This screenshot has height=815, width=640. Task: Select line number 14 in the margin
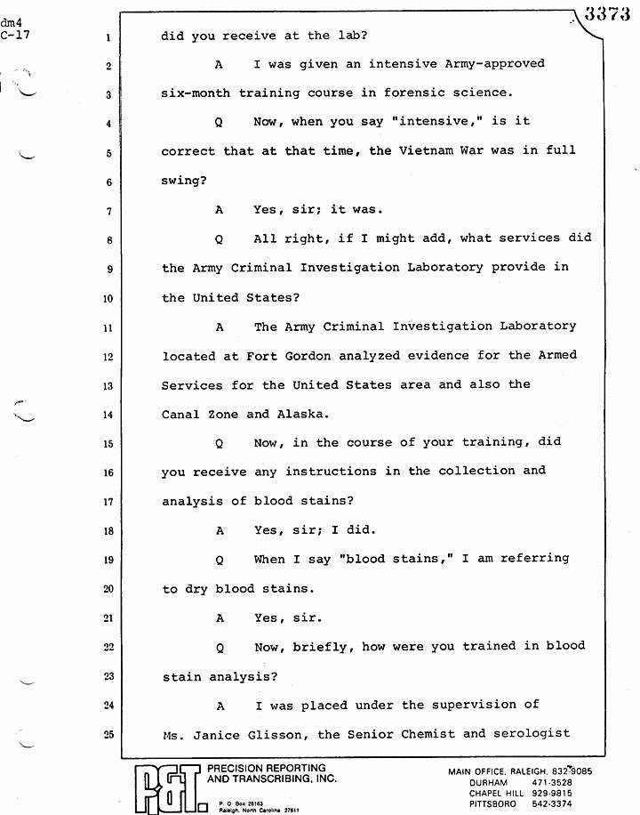pos(105,415)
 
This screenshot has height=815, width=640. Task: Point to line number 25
pos(105,735)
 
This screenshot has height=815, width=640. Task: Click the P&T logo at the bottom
pos(169,787)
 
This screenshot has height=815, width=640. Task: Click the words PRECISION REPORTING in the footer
pos(266,768)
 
